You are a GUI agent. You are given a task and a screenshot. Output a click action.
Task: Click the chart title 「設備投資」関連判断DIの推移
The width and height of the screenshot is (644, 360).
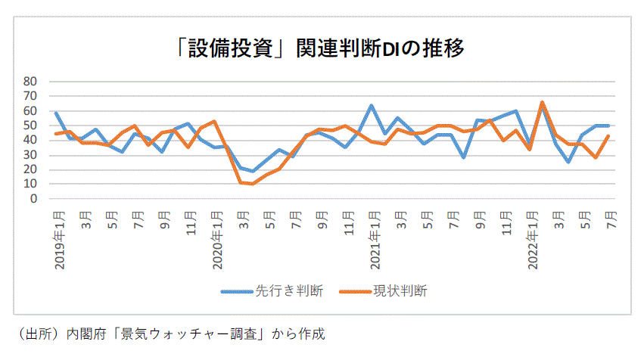coord(317,48)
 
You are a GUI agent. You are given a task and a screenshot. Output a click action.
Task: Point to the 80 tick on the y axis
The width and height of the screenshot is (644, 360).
coord(31,81)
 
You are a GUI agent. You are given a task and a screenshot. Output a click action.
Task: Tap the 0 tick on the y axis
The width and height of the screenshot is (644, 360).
coord(34,200)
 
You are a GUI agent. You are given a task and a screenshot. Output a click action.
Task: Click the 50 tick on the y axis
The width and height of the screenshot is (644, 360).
coord(31,126)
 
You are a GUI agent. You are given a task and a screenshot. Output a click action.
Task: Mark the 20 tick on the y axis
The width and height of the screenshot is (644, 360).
coord(31,170)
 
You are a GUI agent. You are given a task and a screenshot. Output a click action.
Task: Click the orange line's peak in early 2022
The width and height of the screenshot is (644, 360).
coord(543,102)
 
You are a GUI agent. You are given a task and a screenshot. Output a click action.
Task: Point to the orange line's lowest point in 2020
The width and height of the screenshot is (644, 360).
coord(254,184)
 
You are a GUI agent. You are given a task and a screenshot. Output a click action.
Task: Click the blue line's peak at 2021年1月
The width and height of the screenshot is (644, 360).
coord(372,106)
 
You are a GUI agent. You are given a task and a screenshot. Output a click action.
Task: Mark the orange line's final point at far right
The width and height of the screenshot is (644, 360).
coord(608,136)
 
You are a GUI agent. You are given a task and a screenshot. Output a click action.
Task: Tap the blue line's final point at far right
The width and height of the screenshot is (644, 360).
coord(608,126)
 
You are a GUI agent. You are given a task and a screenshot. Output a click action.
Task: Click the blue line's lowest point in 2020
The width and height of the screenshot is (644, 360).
coord(254,171)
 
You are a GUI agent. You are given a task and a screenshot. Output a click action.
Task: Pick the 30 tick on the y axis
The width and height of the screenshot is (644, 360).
coord(31,155)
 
